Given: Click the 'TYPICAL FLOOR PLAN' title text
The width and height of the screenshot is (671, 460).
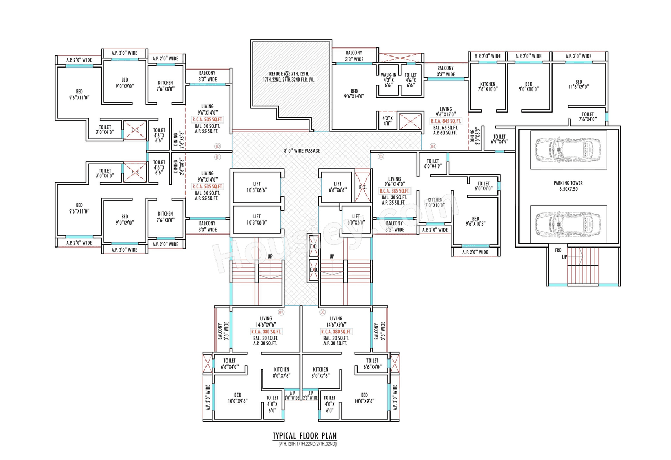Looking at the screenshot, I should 304,435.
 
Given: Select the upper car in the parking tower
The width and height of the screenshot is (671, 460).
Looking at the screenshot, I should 568,149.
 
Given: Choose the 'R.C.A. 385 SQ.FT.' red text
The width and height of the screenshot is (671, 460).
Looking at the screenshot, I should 394,191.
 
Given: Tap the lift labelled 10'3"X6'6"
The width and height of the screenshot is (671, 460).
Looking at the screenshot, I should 257,186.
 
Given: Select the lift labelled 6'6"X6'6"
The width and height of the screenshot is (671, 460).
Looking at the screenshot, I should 338,186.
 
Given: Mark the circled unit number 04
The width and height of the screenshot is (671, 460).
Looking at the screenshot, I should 433,146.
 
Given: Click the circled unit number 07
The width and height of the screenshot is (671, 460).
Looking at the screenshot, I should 281,312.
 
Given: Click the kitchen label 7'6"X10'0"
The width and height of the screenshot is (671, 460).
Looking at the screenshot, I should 488,87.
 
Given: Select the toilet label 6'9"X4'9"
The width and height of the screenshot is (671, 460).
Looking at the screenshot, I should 500,139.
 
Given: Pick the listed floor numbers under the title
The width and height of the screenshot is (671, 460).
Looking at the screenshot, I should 304,444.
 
